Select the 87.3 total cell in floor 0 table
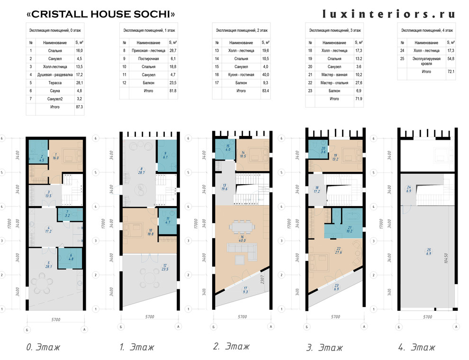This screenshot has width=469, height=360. point(79,107)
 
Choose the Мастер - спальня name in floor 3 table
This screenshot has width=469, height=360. point(334,82)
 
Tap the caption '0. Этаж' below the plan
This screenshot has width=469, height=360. point(43,347)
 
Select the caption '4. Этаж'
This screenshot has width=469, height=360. point(417,347)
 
